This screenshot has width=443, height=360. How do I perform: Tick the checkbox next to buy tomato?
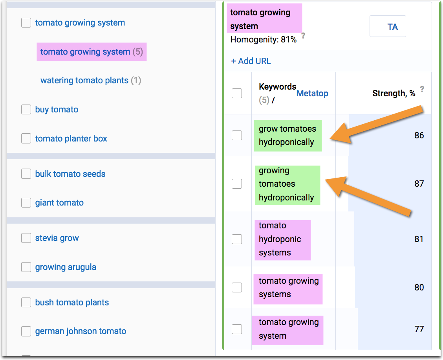tap(26, 110)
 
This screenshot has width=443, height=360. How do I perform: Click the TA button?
tap(388, 27)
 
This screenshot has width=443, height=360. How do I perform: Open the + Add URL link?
tap(251, 61)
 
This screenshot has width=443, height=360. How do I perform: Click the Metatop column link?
tap(312, 94)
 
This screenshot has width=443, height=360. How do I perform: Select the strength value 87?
tap(419, 184)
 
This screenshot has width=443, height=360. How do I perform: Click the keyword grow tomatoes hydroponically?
tap(287, 136)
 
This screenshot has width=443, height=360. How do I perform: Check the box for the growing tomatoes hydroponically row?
tap(237, 184)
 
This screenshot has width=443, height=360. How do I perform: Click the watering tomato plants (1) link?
tap(90, 81)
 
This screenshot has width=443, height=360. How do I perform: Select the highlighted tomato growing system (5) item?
tap(91, 52)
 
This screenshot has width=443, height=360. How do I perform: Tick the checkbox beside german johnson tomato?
tap(26, 331)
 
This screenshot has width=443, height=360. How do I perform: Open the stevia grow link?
tap(57, 238)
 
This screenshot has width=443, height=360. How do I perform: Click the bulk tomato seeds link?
tap(70, 174)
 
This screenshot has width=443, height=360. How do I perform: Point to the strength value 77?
tap(419, 329)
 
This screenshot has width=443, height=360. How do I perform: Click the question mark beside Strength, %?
tap(422, 89)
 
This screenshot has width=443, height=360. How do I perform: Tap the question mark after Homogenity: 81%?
tap(303, 35)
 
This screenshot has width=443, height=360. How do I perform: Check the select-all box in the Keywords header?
tap(237, 94)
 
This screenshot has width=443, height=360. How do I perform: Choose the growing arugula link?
tap(66, 267)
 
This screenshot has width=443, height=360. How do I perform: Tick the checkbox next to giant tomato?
tap(26, 203)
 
